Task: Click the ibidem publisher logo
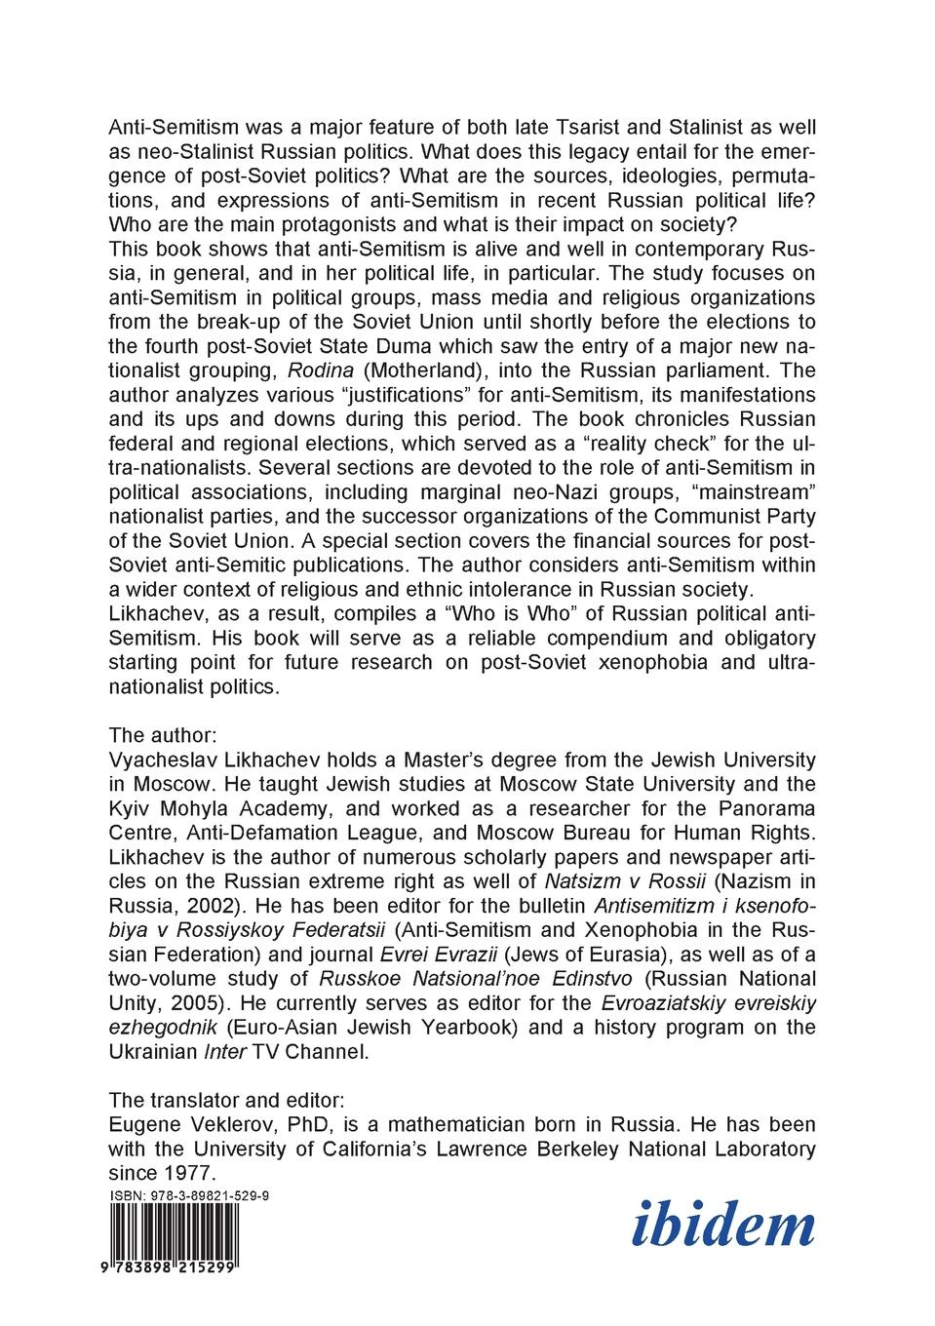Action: pyautogui.click(x=723, y=1226)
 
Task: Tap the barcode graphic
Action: pyautogui.click(x=175, y=1232)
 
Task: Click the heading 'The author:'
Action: pyautogui.click(x=163, y=735)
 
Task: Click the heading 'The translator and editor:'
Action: pyautogui.click(x=226, y=1100)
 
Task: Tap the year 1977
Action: pyautogui.click(x=187, y=1173)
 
